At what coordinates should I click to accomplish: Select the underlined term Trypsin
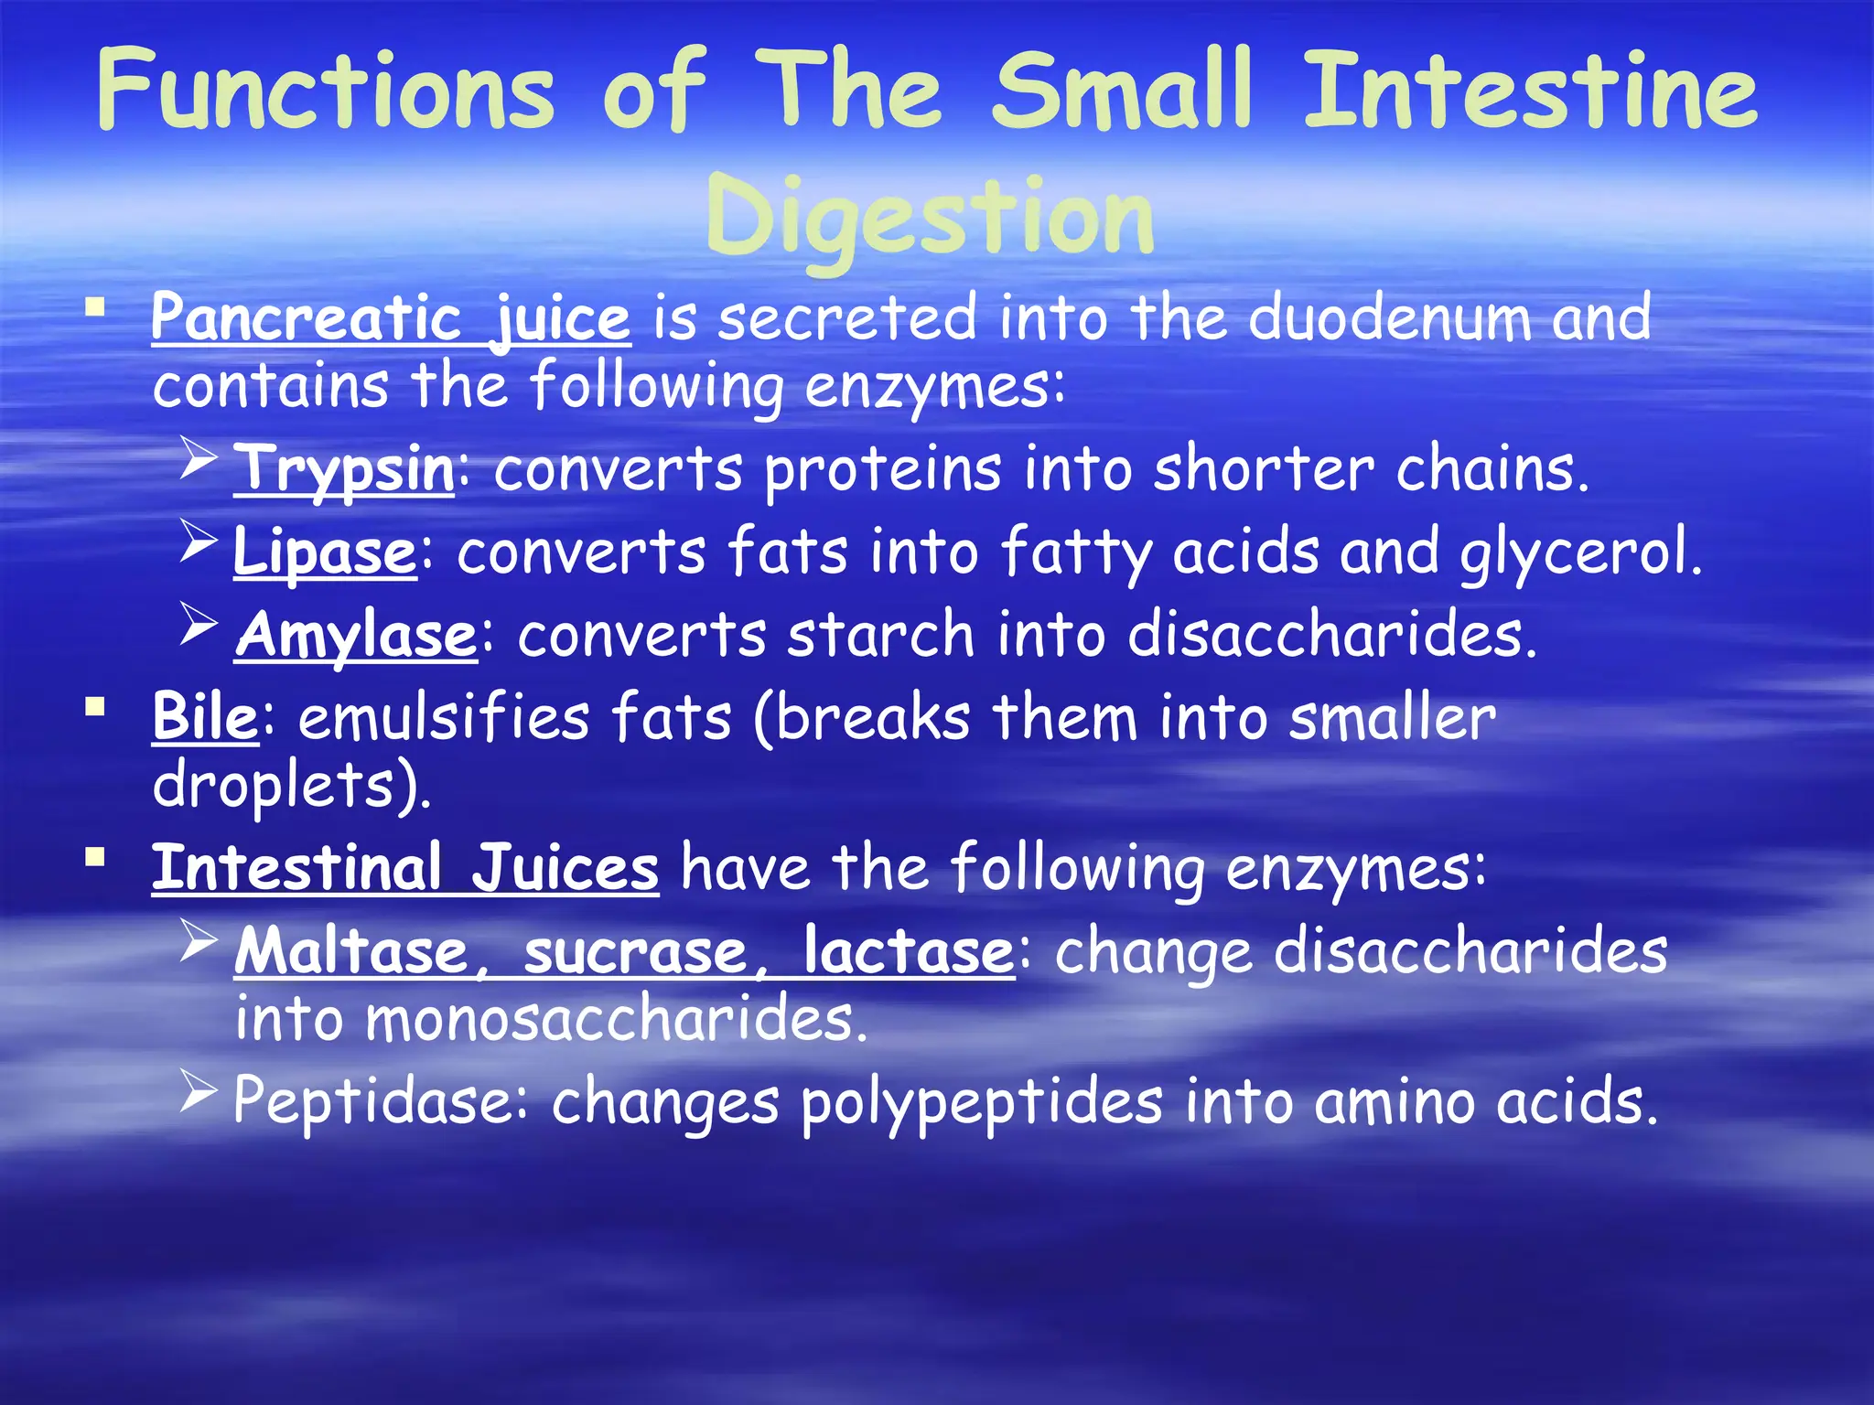(x=344, y=469)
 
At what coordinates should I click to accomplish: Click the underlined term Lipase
(x=325, y=552)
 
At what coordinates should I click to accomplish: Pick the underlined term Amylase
(x=356, y=635)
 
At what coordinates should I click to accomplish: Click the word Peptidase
(x=371, y=1100)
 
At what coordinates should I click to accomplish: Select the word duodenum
(x=1389, y=317)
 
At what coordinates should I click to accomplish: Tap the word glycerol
(x=1580, y=552)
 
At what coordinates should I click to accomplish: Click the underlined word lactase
(x=908, y=950)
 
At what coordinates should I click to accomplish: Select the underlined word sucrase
(x=636, y=950)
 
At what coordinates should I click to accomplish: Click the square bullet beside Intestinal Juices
(x=94, y=857)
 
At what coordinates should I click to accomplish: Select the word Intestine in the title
(x=1529, y=90)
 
